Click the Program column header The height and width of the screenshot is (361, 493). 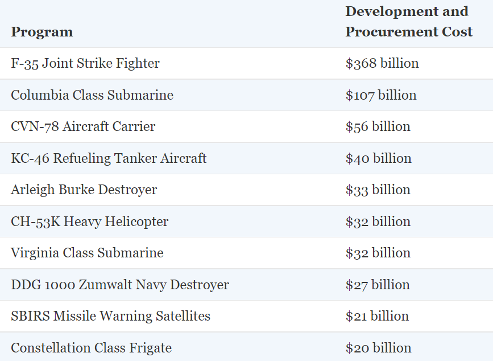tap(42, 32)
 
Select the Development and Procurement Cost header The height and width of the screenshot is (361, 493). tap(408, 22)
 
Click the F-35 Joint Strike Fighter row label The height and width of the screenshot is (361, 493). tap(85, 63)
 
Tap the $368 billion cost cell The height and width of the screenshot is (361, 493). tap(382, 63)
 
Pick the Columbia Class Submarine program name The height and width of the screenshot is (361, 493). tap(92, 95)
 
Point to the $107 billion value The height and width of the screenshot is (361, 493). tap(380, 95)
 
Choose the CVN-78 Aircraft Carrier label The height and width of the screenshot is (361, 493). tap(83, 126)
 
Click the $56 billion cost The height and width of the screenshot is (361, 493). tap(378, 126)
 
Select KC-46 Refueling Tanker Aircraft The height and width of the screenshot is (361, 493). tap(109, 158)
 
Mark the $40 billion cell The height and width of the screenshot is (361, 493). tap(378, 158)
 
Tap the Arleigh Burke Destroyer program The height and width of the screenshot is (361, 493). tap(84, 190)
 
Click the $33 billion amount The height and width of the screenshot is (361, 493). tap(378, 190)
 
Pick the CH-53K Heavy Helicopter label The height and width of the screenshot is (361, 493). tap(89, 221)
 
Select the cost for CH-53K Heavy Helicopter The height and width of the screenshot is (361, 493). tap(378, 221)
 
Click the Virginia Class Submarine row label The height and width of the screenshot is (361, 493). tap(87, 253)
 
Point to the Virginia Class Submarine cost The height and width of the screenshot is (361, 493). tap(378, 253)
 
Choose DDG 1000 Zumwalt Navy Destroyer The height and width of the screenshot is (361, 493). tap(119, 285)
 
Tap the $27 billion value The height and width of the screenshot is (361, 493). tap(377, 285)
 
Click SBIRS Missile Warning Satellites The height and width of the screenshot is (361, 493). tap(110, 316)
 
